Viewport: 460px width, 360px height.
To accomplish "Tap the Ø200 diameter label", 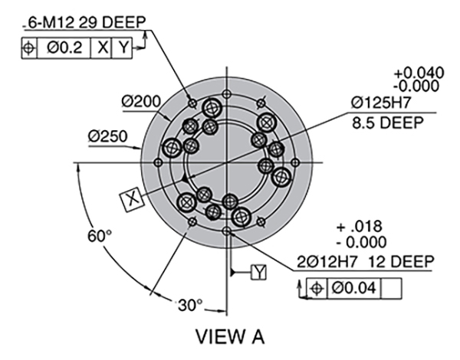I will (x=140, y=101).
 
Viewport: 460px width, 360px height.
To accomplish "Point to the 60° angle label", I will (x=100, y=236).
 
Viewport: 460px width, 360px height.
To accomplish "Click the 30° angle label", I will (x=188, y=304).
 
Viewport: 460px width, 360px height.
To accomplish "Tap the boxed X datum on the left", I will (x=133, y=199).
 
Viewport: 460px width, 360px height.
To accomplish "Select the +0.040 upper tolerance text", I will (x=419, y=73).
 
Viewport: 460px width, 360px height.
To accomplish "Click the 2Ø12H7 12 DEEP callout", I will (x=365, y=263).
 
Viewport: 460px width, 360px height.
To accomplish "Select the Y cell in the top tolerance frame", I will (x=123, y=47).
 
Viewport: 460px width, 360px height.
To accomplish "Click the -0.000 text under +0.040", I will (x=419, y=86).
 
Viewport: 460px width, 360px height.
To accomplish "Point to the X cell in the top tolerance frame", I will (x=102, y=47).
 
